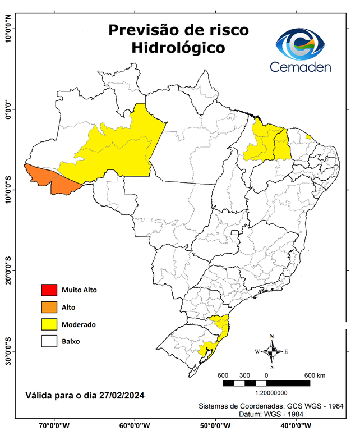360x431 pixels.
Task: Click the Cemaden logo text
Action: [300, 67]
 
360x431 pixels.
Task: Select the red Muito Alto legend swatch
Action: [49, 290]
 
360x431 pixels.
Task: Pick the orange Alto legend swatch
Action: [49, 307]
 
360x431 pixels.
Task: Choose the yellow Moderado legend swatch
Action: [49, 324]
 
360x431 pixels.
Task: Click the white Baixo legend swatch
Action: [49, 341]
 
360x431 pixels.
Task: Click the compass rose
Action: [271, 351]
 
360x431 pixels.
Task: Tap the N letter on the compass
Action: [272, 337]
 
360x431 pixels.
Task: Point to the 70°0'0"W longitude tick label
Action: [54, 425]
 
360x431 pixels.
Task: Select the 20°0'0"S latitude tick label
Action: [8, 270]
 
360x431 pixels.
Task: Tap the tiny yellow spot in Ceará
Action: [308, 137]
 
